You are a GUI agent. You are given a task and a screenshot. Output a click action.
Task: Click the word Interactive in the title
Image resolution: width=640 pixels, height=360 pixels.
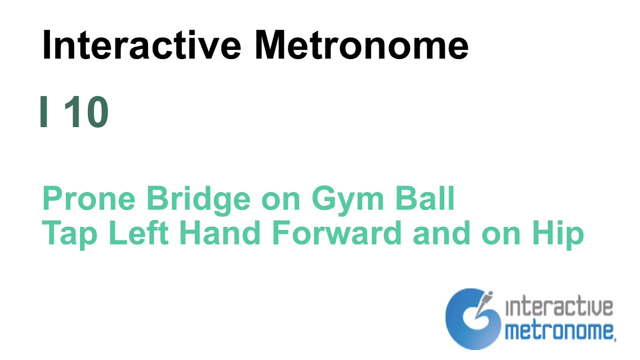pos(141,45)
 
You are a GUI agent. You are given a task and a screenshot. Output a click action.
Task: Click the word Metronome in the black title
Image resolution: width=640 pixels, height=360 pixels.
pos(361,45)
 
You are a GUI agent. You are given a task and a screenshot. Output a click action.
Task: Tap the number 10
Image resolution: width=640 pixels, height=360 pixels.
pos(86,112)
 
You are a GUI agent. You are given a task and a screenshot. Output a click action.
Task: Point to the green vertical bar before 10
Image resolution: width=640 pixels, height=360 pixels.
pos(44,112)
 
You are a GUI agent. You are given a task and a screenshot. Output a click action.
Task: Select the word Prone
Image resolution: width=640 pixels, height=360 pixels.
pos(89,198)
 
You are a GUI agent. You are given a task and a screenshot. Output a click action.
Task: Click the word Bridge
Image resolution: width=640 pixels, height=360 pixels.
pos(198,198)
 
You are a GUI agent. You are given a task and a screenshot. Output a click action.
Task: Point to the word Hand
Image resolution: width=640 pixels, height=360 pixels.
pos(219,233)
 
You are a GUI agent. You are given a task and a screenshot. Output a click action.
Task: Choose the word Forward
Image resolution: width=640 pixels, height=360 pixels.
pos(337,233)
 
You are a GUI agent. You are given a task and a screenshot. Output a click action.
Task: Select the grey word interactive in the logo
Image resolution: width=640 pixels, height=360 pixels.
pos(559,307)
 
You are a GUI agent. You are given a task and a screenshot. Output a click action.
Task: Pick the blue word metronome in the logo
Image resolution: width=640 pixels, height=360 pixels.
pos(559,330)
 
